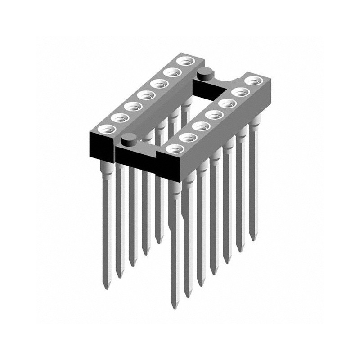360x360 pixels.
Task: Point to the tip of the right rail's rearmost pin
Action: point(254,239)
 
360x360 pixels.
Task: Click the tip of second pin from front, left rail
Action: point(119,276)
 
